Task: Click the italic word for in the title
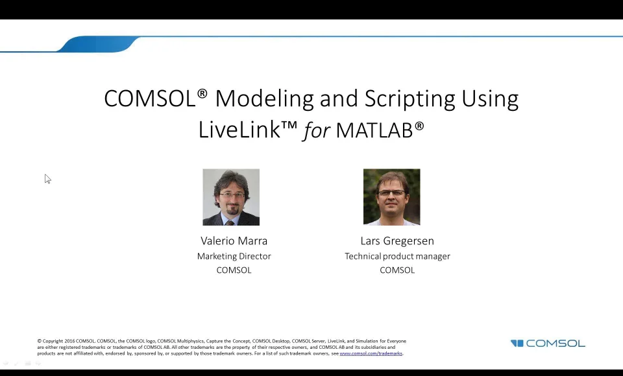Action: [x=317, y=130]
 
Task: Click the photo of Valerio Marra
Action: [x=231, y=197]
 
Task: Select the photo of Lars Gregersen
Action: [x=391, y=197]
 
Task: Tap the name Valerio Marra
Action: [x=234, y=241]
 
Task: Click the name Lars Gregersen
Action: [x=397, y=241]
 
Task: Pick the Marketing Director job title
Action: [x=234, y=256]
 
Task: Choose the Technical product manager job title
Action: [x=397, y=256]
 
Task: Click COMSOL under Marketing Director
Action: [x=234, y=270]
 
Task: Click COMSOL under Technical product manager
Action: [x=397, y=270]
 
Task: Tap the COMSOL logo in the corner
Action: [x=548, y=344]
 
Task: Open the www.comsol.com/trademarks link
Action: [x=371, y=353]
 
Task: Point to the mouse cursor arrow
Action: [x=47, y=179]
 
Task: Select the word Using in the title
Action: [x=489, y=99]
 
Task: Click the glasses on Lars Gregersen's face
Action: [x=392, y=193]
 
